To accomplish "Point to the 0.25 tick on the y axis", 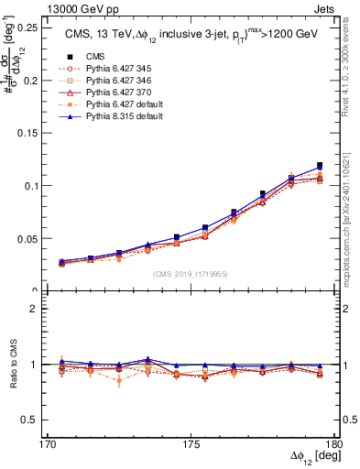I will pos(42,27).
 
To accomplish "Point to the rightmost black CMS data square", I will pos(319,165).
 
